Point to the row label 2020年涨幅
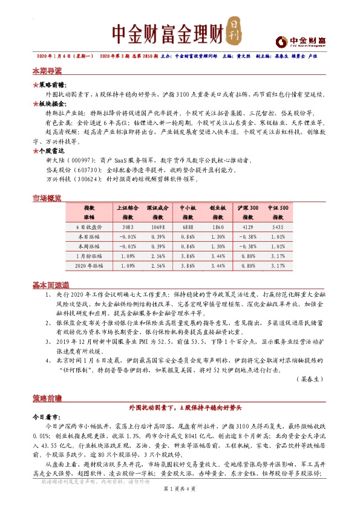point(89,265)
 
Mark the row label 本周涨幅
point(89,246)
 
